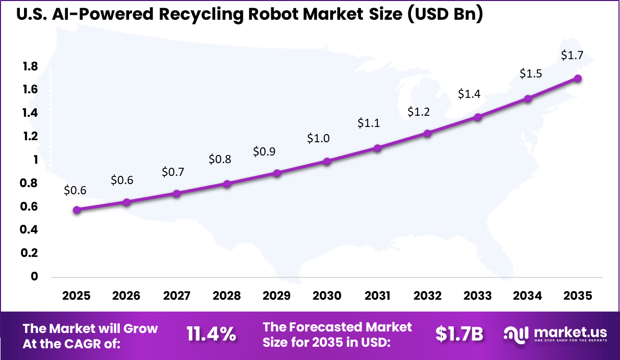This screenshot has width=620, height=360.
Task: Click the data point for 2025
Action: point(76,210)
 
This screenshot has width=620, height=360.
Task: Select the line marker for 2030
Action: point(327,161)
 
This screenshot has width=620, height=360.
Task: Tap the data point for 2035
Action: point(578,78)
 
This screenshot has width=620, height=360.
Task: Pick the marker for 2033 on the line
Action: point(478,117)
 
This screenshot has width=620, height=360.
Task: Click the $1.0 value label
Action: point(318,138)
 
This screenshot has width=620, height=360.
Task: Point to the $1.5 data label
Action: point(531,73)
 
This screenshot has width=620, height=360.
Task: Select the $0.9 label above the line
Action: point(264,152)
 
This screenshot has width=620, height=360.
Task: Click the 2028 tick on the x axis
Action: point(227,296)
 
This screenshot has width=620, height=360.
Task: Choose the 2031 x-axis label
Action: point(377,296)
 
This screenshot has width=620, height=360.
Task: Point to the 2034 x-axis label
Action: point(528,296)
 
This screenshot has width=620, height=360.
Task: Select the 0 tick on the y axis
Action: point(35,276)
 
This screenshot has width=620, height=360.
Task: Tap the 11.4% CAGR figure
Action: point(211,334)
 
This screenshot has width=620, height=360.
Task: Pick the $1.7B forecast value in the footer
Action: point(459,334)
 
